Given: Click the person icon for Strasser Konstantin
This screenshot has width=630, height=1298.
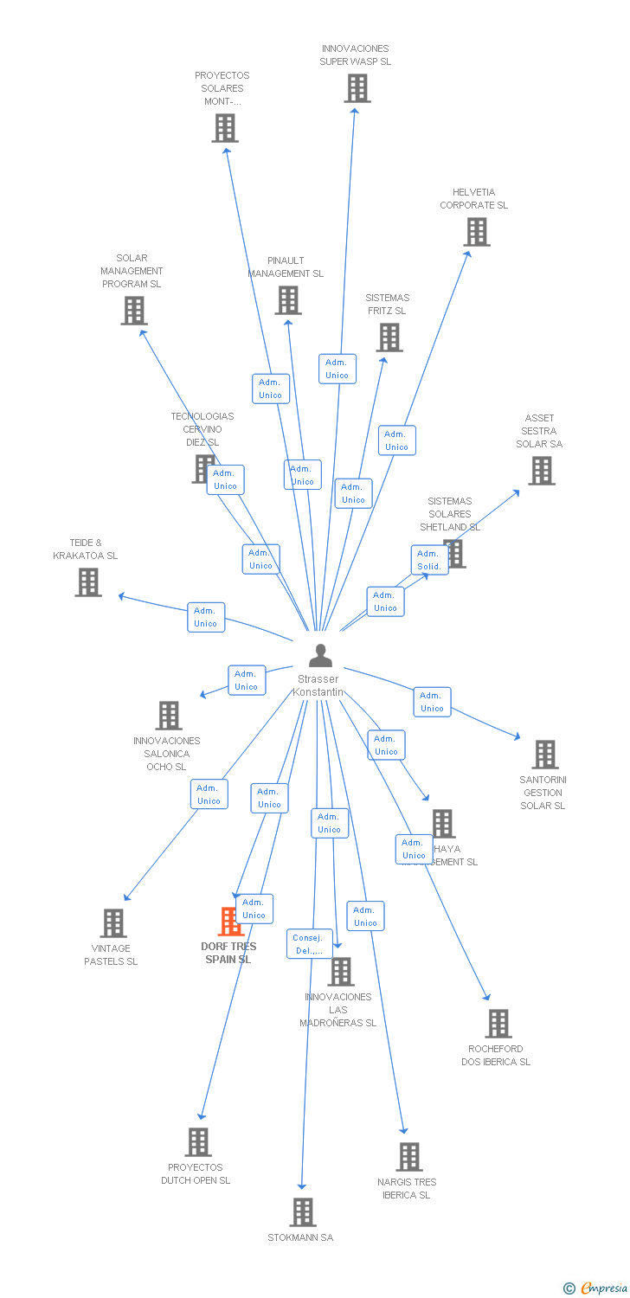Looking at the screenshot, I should (x=320, y=655).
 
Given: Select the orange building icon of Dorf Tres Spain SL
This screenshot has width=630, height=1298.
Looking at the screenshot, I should (x=230, y=922).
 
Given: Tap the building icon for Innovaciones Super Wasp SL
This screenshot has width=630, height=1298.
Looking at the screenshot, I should (x=357, y=88).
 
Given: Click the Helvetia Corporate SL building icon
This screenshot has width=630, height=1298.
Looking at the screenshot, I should (x=476, y=232).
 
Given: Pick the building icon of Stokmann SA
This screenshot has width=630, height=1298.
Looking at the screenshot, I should (x=302, y=1212).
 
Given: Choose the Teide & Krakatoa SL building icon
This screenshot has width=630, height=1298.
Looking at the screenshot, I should (x=87, y=582).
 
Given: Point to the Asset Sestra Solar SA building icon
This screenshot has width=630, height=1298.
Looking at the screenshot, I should (x=541, y=471).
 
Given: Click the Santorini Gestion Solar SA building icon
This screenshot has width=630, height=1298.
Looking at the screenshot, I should (x=544, y=755).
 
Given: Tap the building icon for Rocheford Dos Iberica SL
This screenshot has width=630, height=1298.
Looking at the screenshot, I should (x=498, y=1024).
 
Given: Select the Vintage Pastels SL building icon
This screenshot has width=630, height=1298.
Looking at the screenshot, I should (x=112, y=923).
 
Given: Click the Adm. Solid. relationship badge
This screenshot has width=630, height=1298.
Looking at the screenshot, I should (x=429, y=560).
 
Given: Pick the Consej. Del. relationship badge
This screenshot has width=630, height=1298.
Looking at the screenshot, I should (x=307, y=944).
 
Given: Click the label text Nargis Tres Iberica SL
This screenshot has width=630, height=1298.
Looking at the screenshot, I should (x=407, y=1188).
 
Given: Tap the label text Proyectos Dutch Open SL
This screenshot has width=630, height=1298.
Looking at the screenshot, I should (x=196, y=1173).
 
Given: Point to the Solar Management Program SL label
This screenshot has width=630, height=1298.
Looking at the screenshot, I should (x=132, y=271).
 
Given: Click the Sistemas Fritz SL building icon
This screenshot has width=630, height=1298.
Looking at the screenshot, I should (x=389, y=337).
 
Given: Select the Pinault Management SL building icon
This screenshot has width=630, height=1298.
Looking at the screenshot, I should (x=287, y=300).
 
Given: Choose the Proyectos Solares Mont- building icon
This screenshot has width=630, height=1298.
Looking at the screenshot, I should (x=225, y=128).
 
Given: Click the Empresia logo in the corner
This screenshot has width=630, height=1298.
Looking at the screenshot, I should (x=596, y=1288).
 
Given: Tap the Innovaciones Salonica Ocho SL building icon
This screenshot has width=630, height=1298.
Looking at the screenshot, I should (x=169, y=716).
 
